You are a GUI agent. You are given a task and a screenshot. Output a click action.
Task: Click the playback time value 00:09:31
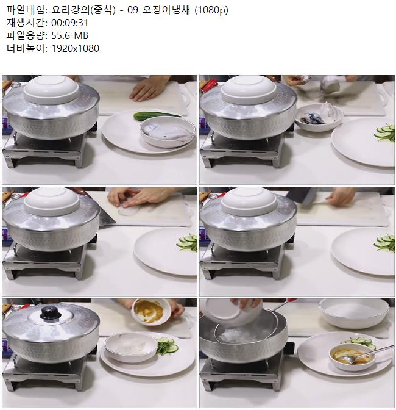click(69, 23)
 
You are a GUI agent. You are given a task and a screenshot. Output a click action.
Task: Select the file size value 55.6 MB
click(69, 35)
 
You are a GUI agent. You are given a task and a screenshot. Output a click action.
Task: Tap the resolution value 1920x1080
click(75, 48)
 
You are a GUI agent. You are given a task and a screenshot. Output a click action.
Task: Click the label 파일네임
click(25, 10)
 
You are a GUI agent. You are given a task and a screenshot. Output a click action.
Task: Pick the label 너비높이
click(25, 48)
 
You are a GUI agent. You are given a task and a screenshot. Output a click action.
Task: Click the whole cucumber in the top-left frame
click(154, 116)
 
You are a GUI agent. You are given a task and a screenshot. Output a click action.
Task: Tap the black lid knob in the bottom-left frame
click(51, 312)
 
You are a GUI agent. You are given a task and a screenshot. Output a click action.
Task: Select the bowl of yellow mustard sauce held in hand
click(151, 312)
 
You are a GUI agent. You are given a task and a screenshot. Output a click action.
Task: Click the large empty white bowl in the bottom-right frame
click(353, 313)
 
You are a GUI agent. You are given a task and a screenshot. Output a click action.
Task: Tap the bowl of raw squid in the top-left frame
click(168, 132)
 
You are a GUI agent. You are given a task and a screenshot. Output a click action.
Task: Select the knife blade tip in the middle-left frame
click(115, 223)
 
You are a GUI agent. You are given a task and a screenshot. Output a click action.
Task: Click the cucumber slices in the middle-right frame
click(385, 242)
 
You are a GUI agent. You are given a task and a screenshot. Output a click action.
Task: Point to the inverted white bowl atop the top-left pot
click(51, 90)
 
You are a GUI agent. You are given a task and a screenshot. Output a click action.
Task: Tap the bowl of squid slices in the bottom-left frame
click(131, 347)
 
